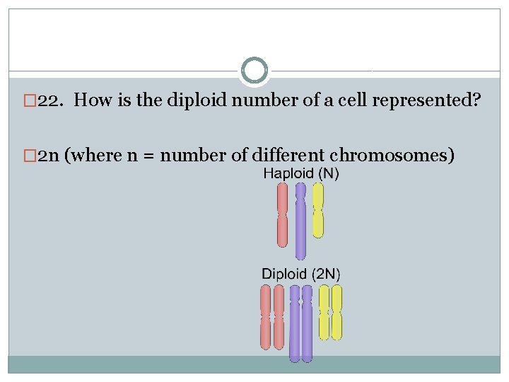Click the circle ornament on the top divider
point(254,71)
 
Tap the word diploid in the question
point(194,100)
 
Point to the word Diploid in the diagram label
point(284,274)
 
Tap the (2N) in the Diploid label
point(325,274)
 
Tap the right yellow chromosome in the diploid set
point(337,312)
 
